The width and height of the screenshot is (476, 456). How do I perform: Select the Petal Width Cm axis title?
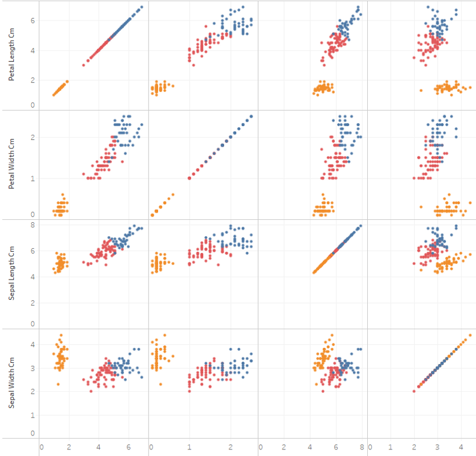click(12, 165)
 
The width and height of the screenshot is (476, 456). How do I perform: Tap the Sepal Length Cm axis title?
click(12, 274)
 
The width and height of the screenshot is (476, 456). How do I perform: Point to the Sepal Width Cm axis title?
click(12, 383)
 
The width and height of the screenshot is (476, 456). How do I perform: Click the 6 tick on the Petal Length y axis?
click(33, 20)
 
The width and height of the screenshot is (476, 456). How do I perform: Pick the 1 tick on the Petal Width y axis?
click(33, 178)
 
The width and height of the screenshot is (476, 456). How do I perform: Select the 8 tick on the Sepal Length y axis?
click(33, 225)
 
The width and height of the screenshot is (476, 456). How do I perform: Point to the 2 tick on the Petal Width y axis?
click(33, 138)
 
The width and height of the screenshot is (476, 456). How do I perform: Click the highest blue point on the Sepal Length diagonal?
click(361, 226)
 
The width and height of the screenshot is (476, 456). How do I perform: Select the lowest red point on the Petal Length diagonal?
click(84, 65)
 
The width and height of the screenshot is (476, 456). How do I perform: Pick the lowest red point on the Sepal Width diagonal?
click(414, 391)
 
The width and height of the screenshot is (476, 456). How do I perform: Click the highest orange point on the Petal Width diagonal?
click(174, 195)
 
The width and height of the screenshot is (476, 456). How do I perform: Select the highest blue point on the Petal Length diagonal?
click(142, 7)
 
